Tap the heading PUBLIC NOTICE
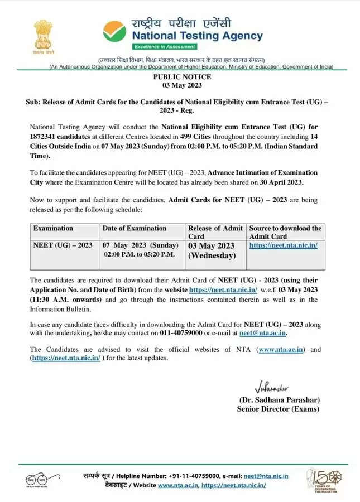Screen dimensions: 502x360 179,77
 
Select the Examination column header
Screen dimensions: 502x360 53,228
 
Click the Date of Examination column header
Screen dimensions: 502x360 135,228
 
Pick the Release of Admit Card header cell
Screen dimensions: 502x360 215,231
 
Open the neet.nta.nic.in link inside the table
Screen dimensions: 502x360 283,245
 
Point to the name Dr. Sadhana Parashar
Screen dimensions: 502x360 279,400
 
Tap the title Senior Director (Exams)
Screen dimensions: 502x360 278,409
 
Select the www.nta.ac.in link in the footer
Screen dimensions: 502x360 177,486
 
